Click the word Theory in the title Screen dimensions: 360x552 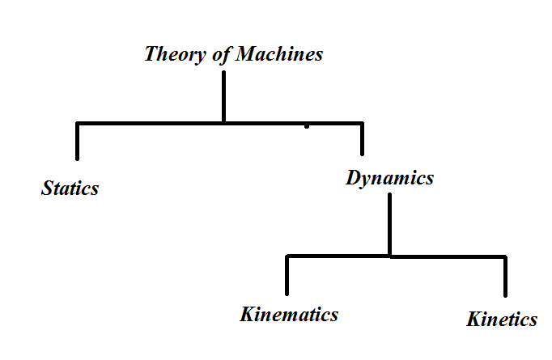[x=172, y=55]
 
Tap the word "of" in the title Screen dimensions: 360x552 [x=214, y=55]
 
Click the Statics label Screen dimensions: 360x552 [x=70, y=188]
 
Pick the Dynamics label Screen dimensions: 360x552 [x=389, y=178]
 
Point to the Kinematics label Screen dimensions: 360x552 [x=289, y=314]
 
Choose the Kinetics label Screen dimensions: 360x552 [x=502, y=319]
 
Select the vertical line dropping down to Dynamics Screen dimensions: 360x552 [x=362, y=139]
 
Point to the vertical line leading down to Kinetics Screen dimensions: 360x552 [x=506, y=277]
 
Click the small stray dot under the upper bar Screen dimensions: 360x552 [x=306, y=128]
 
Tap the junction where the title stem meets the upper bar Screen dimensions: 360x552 [x=223, y=122]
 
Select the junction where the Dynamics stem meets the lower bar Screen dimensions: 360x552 [x=390, y=256]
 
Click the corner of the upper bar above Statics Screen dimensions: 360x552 [x=78, y=123]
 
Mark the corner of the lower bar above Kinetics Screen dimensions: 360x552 [x=506, y=257]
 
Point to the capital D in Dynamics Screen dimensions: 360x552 [x=354, y=178]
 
